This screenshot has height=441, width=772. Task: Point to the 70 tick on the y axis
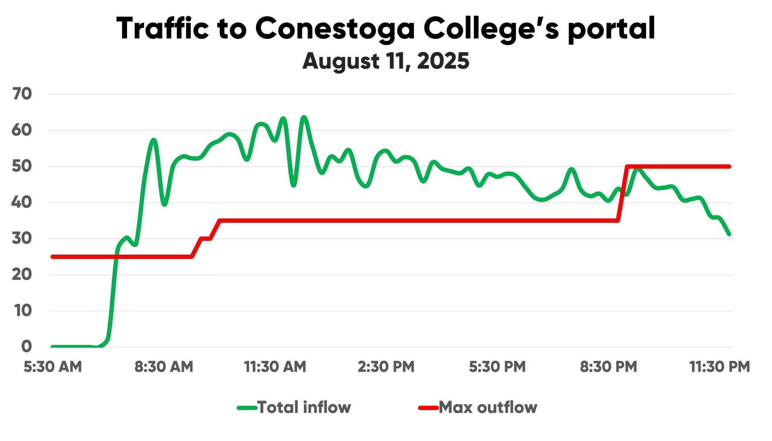[x=21, y=94]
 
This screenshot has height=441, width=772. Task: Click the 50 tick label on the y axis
[x=21, y=167]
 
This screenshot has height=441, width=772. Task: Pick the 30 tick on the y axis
[x=21, y=239]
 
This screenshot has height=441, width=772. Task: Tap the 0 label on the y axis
[x=26, y=347]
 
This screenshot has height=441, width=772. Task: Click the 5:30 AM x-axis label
[x=53, y=367]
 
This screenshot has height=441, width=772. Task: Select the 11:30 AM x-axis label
[x=275, y=367]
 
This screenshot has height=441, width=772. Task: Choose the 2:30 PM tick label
[x=386, y=367]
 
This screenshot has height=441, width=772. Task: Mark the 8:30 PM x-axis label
[x=608, y=367]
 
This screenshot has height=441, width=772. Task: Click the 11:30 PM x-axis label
[x=720, y=367]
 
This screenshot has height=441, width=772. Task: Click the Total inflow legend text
[x=304, y=407]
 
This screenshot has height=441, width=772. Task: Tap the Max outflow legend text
[x=488, y=407]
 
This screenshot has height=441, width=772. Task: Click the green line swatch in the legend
[x=247, y=407]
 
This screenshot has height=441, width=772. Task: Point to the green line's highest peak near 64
[x=304, y=117]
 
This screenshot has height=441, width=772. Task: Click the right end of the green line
[x=729, y=234]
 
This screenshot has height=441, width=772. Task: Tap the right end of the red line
[x=729, y=166]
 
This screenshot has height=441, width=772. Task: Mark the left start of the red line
[x=53, y=257]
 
